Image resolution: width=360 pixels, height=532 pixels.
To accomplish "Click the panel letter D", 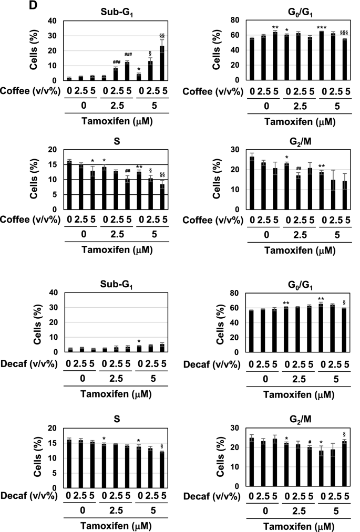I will click(x=6, y=6).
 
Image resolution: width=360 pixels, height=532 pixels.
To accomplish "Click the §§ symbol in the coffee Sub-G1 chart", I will click(x=162, y=36).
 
